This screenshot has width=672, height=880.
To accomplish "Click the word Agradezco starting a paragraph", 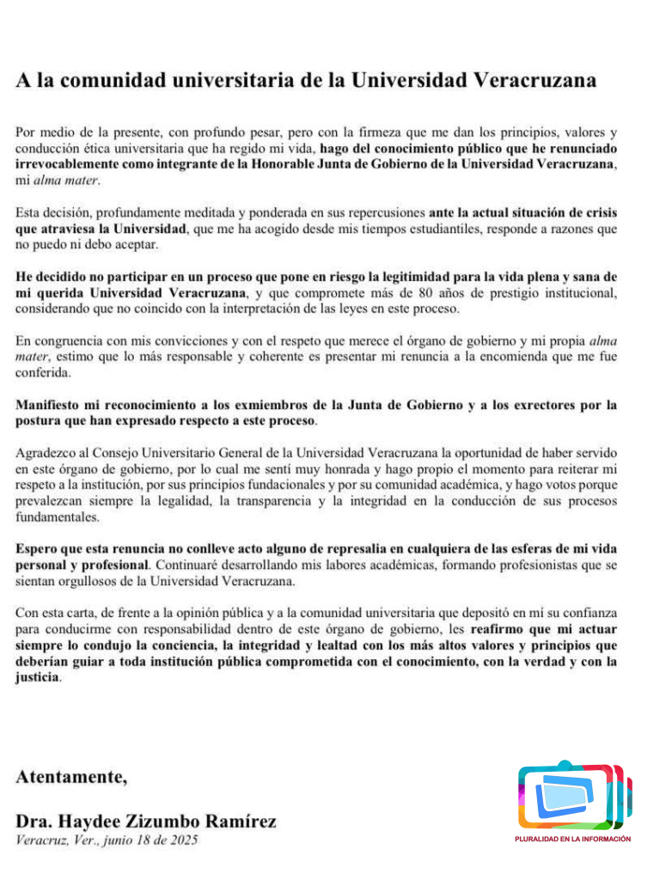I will (48, 453).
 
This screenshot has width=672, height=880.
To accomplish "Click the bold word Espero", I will (40, 548).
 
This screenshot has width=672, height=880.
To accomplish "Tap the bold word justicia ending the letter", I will (38, 677).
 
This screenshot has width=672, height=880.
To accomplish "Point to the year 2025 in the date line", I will (180, 840).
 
